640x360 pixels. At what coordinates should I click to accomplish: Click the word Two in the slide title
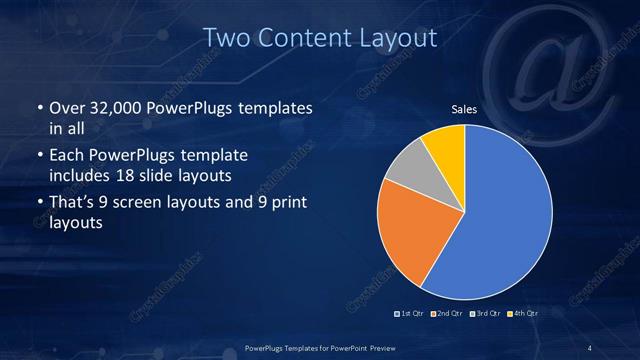click(227, 38)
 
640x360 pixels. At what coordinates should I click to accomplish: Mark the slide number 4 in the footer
click(590, 348)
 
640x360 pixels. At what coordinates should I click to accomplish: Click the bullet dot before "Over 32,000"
click(39, 108)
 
